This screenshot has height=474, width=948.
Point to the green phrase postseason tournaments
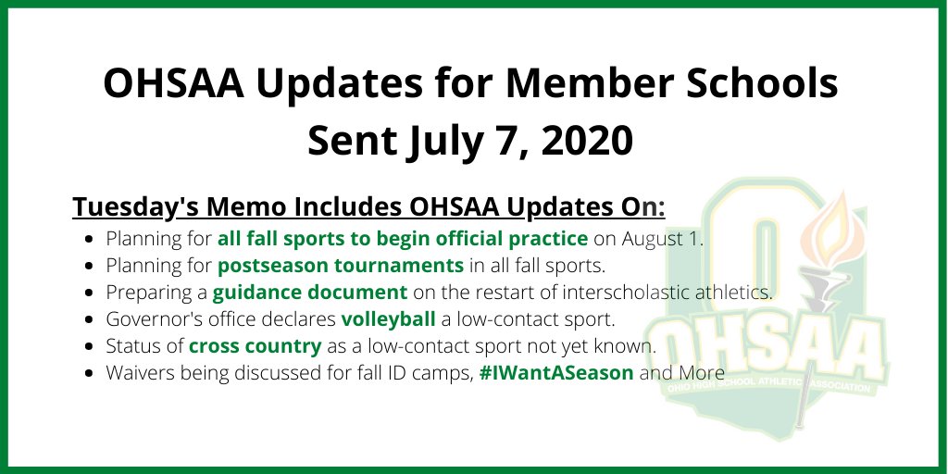click(x=341, y=266)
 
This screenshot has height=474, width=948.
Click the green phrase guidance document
click(x=310, y=293)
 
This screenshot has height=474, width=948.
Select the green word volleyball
click(x=387, y=320)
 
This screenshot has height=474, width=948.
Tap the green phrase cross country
click(x=256, y=347)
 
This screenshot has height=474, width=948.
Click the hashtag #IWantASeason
click(x=556, y=374)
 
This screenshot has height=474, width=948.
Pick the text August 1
click(x=661, y=238)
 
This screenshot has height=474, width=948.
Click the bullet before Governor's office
click(x=88, y=320)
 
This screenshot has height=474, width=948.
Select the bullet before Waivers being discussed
click(x=88, y=375)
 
